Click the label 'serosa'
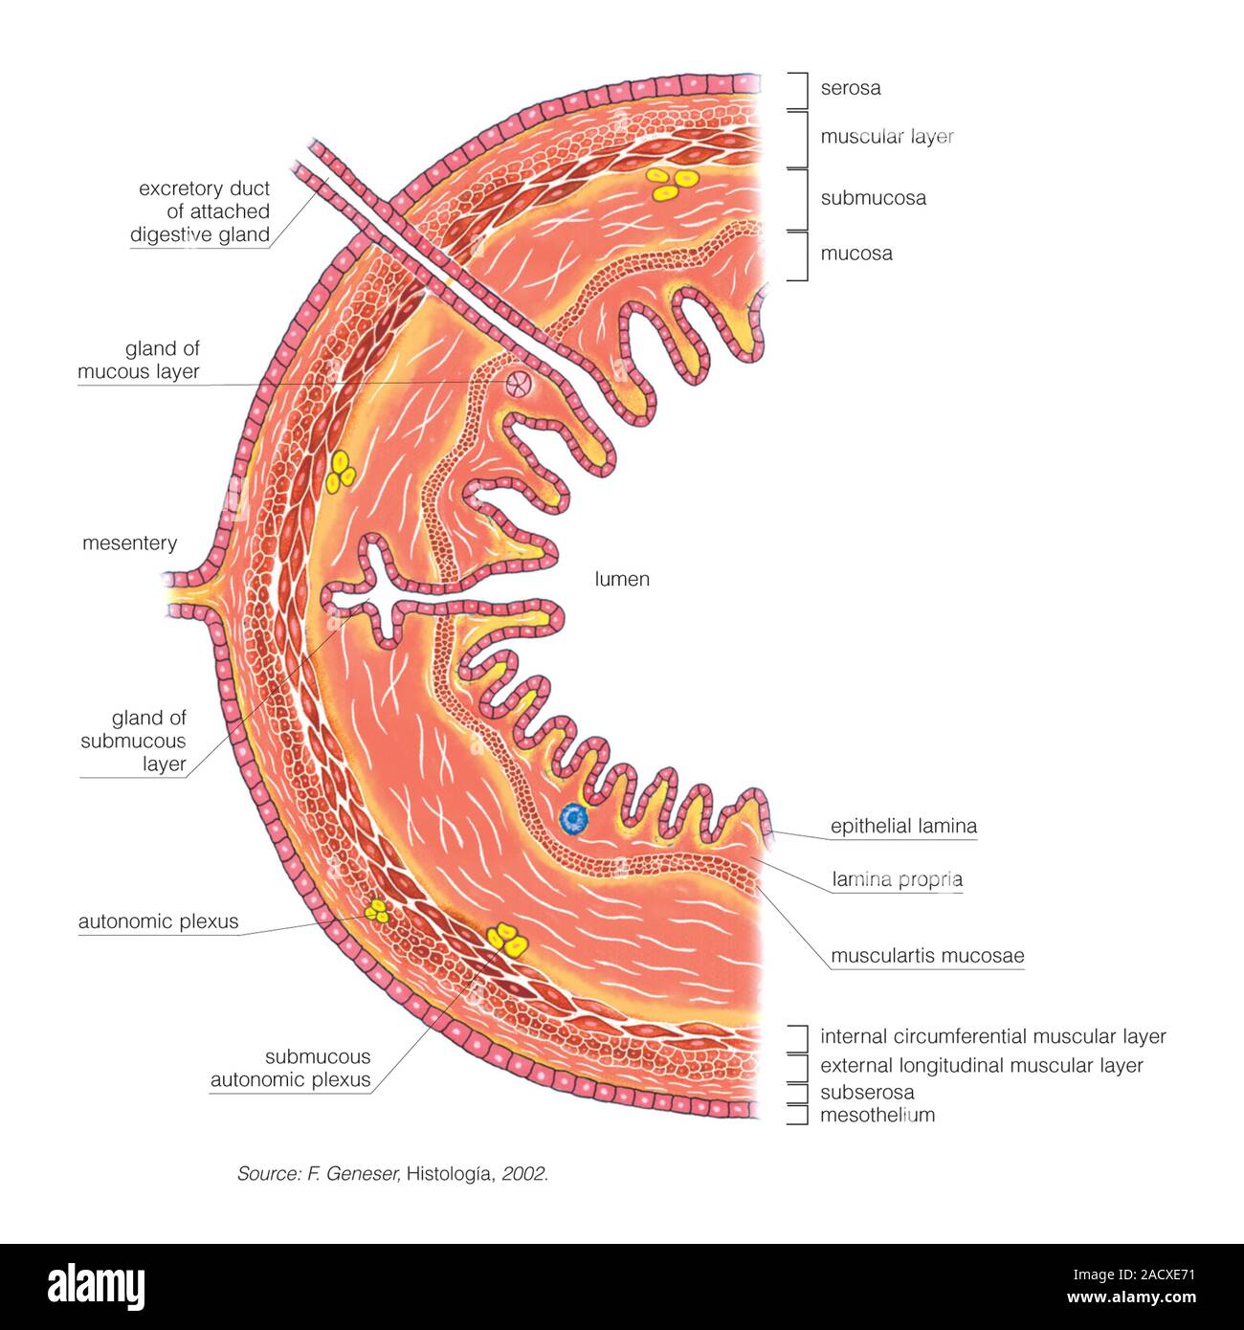click(850, 88)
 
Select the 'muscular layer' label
click(886, 137)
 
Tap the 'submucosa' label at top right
click(873, 198)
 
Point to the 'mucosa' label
click(855, 254)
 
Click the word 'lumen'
click(622, 579)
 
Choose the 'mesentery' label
click(129, 543)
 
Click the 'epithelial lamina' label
click(903, 826)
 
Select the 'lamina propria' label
click(897, 879)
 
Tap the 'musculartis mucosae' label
click(926, 956)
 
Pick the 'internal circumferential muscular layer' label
click(992, 1036)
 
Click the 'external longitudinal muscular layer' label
click(981, 1066)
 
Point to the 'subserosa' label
click(866, 1093)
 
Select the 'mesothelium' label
click(877, 1115)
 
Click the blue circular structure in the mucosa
click(574, 818)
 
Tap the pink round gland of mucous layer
click(517, 385)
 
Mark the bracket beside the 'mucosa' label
click(800, 255)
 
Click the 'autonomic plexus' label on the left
click(158, 922)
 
